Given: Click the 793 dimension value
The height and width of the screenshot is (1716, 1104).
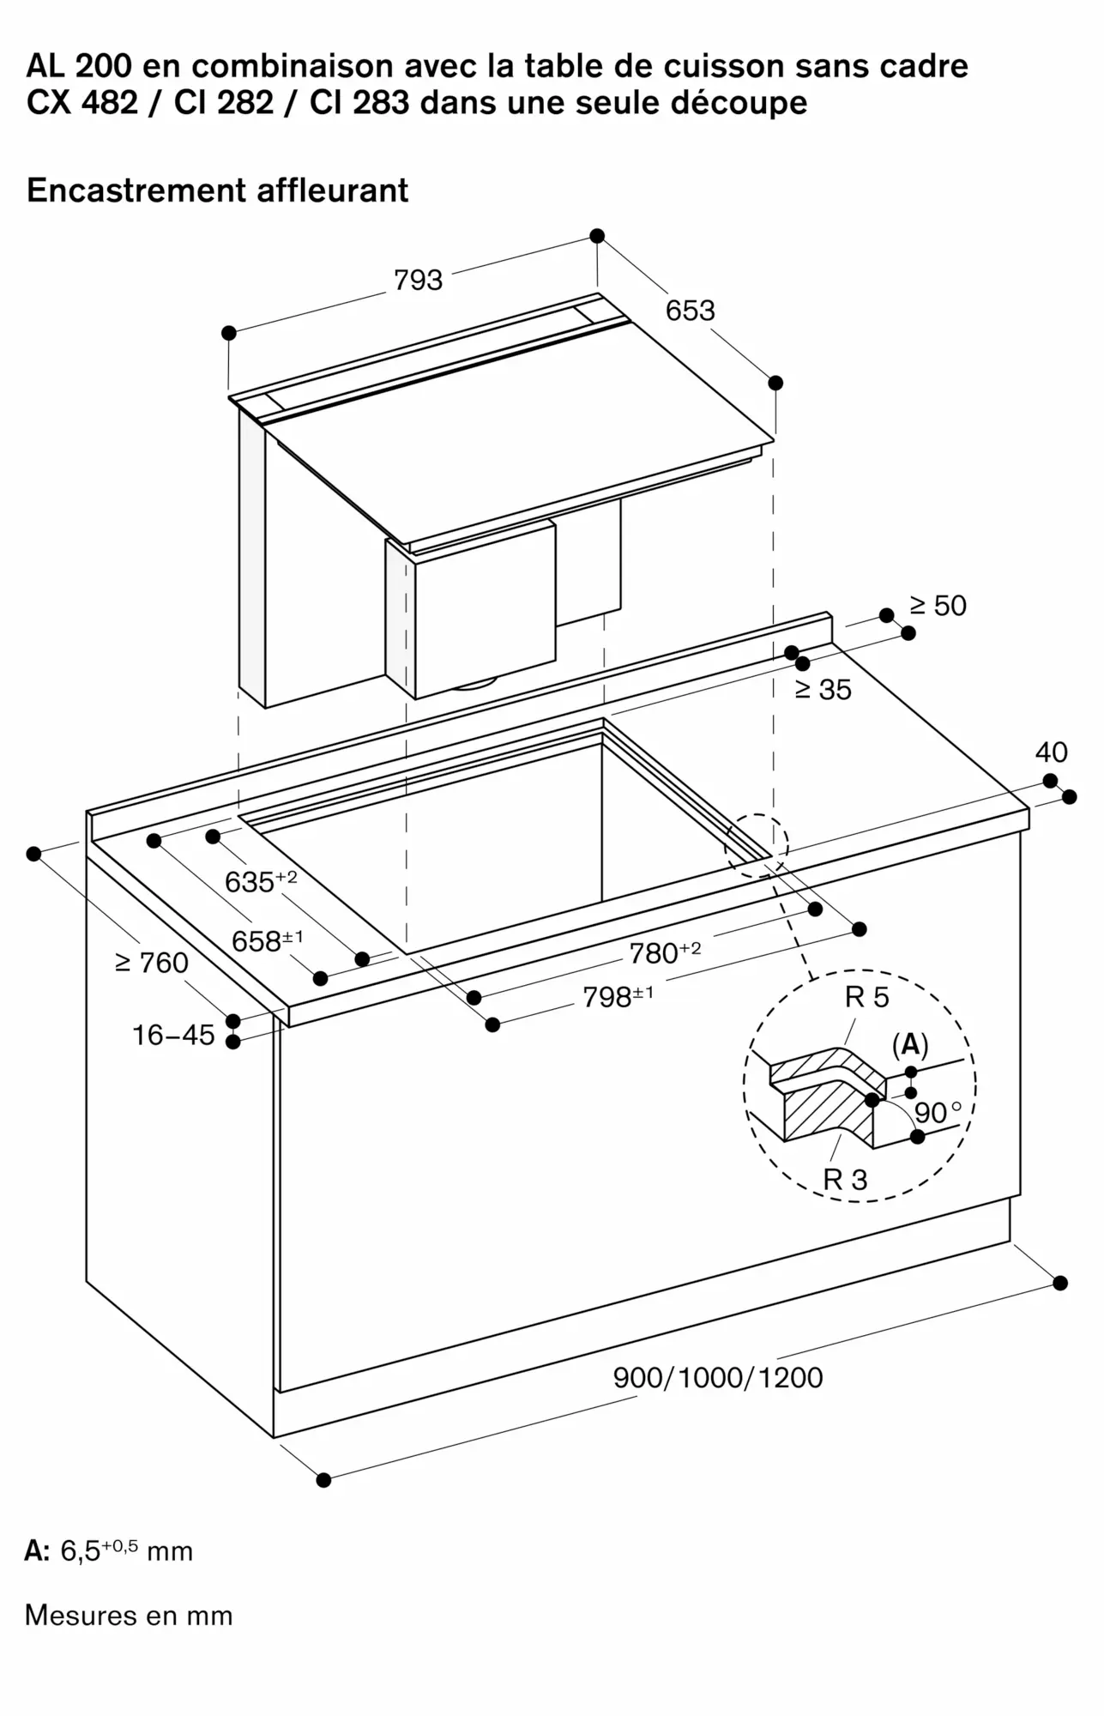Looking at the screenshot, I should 418,281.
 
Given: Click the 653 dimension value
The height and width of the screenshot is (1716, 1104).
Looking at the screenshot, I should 690,311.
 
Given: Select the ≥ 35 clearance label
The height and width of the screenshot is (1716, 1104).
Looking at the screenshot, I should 823,689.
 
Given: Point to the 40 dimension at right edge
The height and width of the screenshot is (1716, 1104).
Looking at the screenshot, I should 1051,752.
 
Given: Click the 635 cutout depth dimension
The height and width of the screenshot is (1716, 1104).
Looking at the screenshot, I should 260,881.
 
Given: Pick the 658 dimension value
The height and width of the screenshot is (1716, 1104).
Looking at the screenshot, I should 267,941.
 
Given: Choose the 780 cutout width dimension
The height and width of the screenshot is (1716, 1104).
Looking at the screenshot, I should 665,952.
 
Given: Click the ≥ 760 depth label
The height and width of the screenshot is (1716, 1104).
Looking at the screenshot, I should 152,963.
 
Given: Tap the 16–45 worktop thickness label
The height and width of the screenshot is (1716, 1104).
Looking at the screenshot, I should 173,1036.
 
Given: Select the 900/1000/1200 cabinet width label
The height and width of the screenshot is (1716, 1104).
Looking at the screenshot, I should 717,1377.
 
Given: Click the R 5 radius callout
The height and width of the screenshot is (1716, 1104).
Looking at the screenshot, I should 866,997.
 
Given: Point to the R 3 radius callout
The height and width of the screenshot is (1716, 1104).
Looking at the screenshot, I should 845,1180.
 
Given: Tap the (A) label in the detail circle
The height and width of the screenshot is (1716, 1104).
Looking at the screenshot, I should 910,1044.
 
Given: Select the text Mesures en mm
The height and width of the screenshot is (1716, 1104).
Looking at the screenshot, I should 129,1616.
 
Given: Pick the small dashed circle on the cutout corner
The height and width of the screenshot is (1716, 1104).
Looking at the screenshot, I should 756,845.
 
